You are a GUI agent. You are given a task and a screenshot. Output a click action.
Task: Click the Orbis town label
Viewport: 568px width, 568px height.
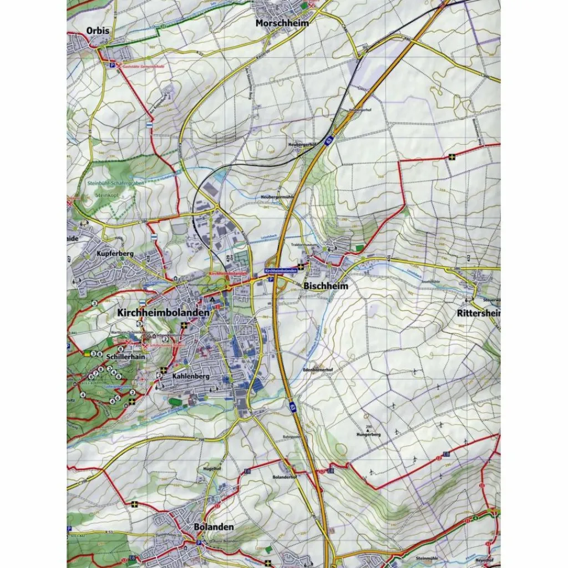98,31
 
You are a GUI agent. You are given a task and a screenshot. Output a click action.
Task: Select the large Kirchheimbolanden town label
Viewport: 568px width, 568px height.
163,313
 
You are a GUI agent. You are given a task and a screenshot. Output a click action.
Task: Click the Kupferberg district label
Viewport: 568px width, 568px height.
115,253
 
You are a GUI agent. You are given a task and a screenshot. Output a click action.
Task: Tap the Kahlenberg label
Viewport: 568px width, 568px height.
190,376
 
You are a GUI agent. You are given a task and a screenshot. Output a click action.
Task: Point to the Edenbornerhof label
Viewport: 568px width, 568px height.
317,368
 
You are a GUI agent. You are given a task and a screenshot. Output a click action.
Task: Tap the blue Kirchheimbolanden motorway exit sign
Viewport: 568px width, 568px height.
282,270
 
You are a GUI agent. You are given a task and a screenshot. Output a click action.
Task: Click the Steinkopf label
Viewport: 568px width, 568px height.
108,195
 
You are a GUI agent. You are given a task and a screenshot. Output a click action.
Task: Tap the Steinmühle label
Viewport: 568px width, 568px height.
427,559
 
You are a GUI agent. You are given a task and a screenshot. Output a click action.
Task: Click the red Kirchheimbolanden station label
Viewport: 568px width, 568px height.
227,274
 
